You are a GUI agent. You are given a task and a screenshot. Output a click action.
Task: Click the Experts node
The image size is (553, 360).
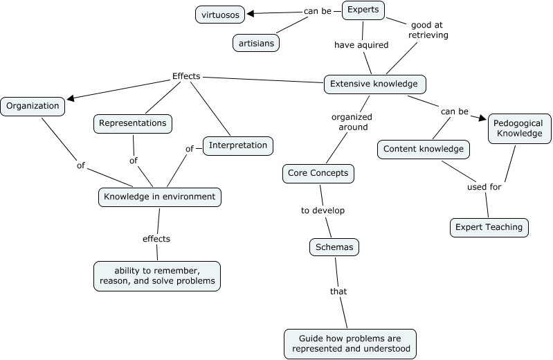[363, 10]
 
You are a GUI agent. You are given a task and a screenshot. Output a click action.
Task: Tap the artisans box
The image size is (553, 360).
[255, 43]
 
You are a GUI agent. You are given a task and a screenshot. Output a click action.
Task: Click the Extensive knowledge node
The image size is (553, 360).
[374, 84]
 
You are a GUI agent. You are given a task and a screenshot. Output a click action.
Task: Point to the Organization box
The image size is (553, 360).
[33, 107]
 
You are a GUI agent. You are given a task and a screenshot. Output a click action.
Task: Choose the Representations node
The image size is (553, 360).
[132, 123]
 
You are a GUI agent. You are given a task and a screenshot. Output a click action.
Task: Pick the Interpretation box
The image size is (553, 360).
[237, 145]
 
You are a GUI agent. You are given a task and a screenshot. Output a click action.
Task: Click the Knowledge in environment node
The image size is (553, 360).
[159, 197]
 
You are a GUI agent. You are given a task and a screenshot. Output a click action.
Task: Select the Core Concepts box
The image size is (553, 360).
[318, 173]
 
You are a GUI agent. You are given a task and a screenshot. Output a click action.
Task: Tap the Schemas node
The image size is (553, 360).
[334, 246]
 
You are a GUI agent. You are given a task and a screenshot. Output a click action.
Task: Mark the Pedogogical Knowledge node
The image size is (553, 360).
[519, 128]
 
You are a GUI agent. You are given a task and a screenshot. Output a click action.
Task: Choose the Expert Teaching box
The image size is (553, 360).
[489, 227]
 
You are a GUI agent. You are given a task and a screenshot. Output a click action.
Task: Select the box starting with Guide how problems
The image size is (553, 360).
[350, 343]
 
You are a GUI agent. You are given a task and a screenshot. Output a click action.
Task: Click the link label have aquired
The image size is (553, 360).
[361, 45]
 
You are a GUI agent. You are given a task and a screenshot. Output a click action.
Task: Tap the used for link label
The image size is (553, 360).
[482, 186]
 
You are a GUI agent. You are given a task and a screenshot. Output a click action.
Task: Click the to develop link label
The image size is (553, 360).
[323, 210]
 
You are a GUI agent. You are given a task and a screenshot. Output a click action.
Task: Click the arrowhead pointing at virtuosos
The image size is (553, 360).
[252, 13]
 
